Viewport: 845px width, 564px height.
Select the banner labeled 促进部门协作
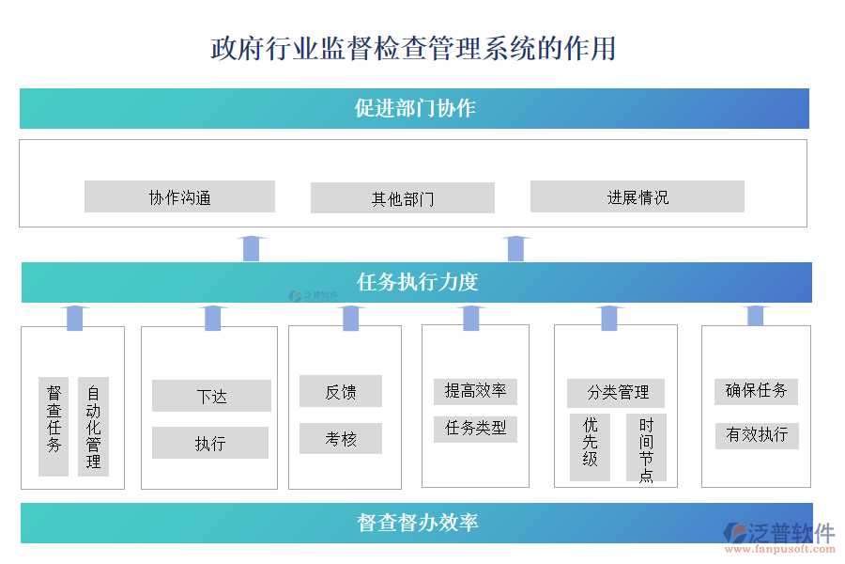(414, 108)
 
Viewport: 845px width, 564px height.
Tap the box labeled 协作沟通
(179, 196)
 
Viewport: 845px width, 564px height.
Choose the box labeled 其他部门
(402, 198)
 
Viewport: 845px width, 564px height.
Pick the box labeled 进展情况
(637, 196)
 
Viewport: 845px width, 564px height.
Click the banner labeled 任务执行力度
(417, 282)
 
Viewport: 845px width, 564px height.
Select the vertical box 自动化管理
(93, 426)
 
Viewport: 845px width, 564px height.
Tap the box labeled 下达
(211, 396)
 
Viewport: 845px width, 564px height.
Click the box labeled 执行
(210, 443)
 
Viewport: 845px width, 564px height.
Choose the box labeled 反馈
(340, 391)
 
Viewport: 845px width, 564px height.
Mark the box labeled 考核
(340, 438)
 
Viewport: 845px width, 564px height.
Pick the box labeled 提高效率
(475, 391)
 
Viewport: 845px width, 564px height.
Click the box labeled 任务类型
(475, 428)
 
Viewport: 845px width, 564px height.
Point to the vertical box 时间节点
(646, 447)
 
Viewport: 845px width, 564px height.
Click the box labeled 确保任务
(756, 390)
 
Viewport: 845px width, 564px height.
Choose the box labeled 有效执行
(756, 434)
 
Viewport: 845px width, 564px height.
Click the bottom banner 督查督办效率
(417, 523)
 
